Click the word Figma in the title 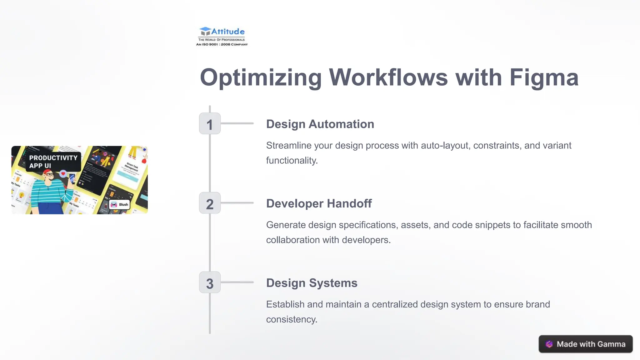(x=544, y=77)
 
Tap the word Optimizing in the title (x=261, y=77)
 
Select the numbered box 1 (x=210, y=124)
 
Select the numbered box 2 (x=210, y=203)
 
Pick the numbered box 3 (x=210, y=282)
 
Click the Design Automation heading (x=320, y=124)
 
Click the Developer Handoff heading (x=319, y=203)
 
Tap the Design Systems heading (x=312, y=283)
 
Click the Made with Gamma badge (x=585, y=344)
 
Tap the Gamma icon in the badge (x=549, y=344)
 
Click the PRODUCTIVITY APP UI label (x=53, y=162)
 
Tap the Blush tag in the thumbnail (x=120, y=205)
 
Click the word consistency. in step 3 (x=292, y=319)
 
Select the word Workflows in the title (x=388, y=77)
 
